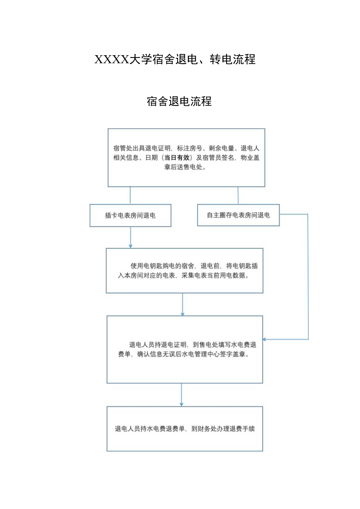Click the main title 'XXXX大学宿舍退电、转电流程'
click(175, 59)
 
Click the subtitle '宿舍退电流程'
click(179, 101)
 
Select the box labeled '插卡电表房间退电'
click(130, 216)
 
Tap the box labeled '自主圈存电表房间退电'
click(238, 215)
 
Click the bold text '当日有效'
click(178, 158)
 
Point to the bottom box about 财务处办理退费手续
click(185, 429)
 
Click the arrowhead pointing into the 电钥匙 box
click(130, 246)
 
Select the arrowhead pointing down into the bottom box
click(182, 404)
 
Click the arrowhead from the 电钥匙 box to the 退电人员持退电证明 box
click(182, 313)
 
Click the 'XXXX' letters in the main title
click(112, 59)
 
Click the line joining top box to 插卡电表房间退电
click(130, 195)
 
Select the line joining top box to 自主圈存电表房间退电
click(238, 195)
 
